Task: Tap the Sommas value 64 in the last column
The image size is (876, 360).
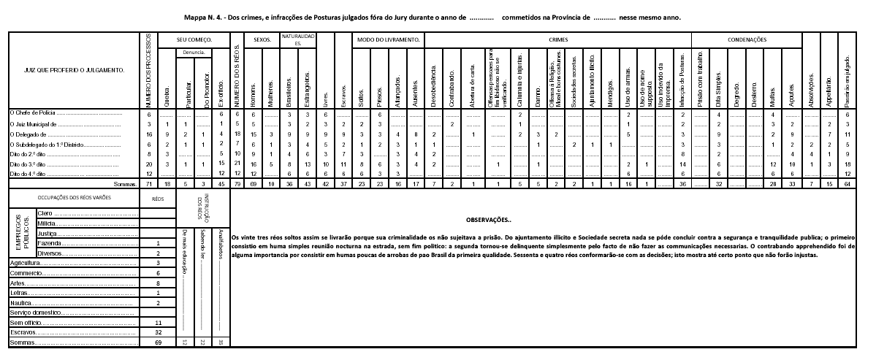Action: (x=848, y=185)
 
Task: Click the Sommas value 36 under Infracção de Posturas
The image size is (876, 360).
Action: (x=682, y=185)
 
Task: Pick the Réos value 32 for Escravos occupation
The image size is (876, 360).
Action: (x=159, y=332)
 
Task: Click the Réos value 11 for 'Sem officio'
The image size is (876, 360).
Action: (x=159, y=321)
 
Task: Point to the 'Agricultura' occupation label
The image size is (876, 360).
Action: (x=26, y=261)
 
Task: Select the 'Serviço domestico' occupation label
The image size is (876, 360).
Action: (x=37, y=312)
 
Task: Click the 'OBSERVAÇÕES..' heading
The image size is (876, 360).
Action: (x=491, y=219)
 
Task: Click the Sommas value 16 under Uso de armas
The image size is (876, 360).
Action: (x=628, y=185)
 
